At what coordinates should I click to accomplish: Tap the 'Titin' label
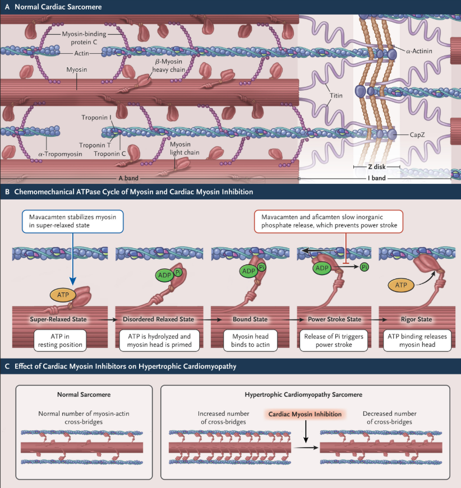pyautogui.click(x=336, y=95)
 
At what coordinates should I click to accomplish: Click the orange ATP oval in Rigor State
pyautogui.click(x=400, y=285)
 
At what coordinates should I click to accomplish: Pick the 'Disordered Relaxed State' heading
pyautogui.click(x=159, y=319)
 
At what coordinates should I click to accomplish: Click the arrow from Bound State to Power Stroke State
pyautogui.click(x=288, y=319)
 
